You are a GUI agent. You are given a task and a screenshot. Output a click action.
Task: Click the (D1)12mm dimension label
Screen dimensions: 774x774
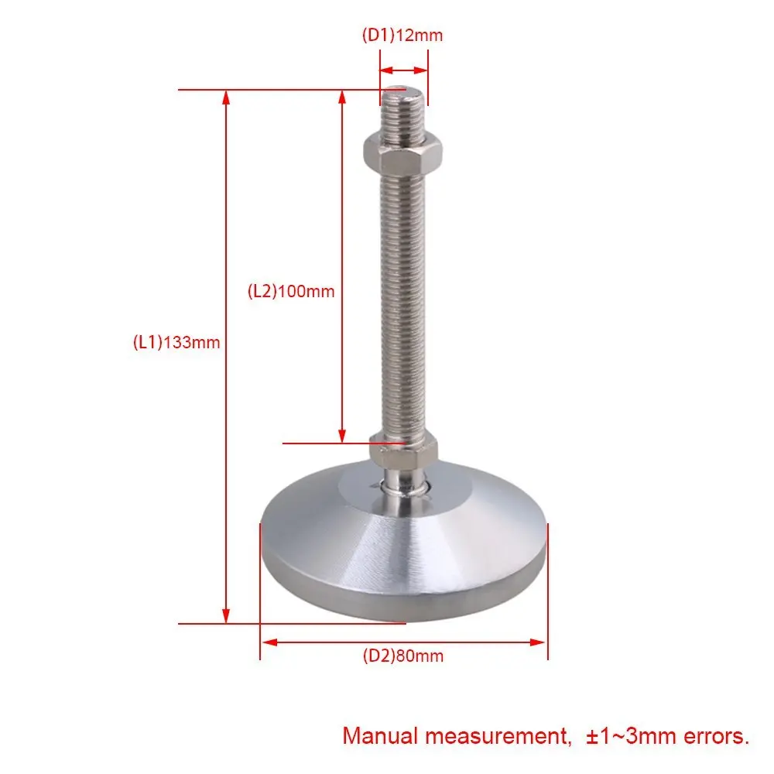coord(402,36)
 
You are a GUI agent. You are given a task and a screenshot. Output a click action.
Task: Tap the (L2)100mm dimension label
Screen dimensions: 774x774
coord(291,291)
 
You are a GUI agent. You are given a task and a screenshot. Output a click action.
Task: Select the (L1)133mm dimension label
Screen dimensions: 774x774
coord(176,342)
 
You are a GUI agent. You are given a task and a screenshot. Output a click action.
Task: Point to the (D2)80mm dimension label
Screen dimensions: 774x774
coord(403,656)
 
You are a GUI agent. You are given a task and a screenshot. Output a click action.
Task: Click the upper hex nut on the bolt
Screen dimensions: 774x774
coord(402,151)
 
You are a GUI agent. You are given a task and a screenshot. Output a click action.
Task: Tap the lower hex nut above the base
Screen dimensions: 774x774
coord(404,450)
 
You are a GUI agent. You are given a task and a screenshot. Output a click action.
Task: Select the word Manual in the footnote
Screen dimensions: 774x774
coord(380,736)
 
